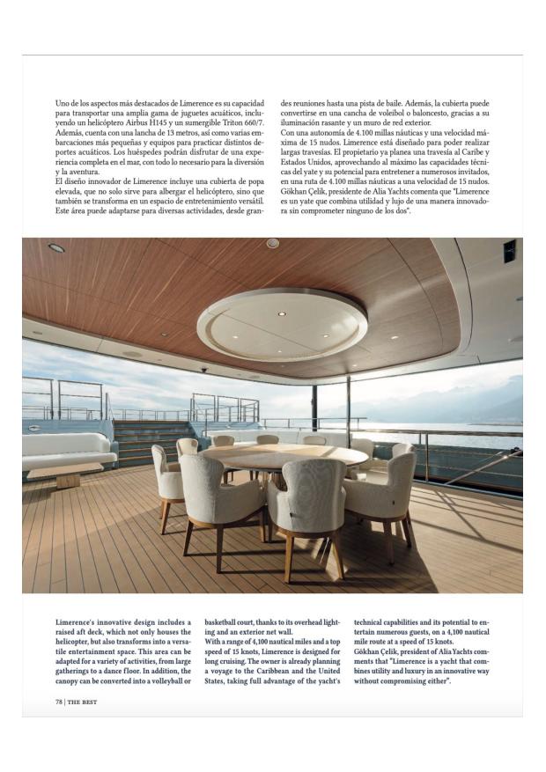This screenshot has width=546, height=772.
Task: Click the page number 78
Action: [x=59, y=702]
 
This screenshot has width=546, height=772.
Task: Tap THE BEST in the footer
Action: [x=83, y=702]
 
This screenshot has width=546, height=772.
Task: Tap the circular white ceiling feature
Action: [x=282, y=325]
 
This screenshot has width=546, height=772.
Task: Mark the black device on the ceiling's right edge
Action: [x=509, y=252]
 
